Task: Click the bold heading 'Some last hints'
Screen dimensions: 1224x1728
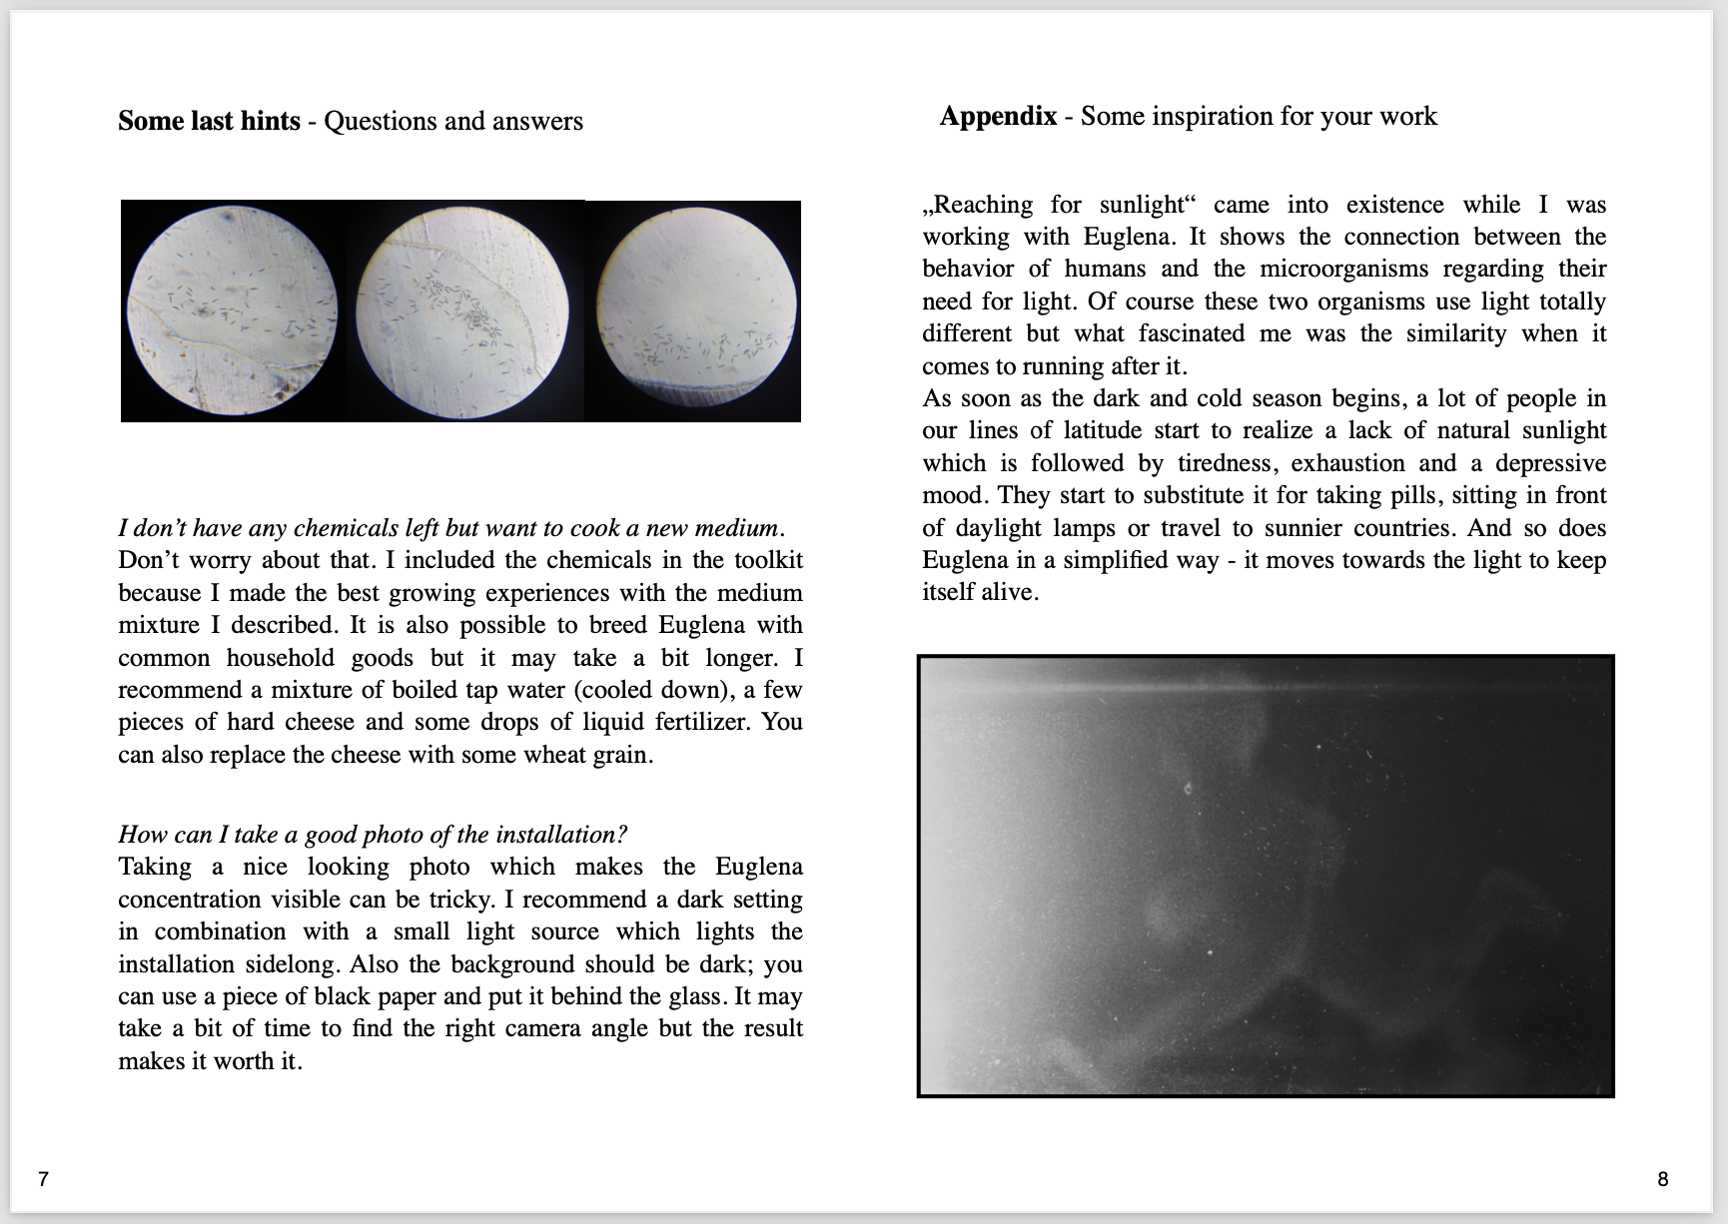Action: pyautogui.click(x=209, y=121)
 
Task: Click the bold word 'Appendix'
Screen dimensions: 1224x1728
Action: pyautogui.click(x=998, y=116)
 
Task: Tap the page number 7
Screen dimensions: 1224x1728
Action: pyautogui.click(x=43, y=1179)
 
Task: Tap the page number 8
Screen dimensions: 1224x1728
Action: pyautogui.click(x=1663, y=1179)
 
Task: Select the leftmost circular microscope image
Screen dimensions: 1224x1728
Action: pyautogui.click(x=233, y=310)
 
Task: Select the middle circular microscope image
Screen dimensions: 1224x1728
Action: pyautogui.click(x=462, y=310)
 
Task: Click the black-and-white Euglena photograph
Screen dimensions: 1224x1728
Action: pyautogui.click(x=1265, y=876)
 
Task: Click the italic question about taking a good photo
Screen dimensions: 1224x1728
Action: pyautogui.click(x=373, y=835)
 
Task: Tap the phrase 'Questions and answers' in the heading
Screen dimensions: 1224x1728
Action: pyautogui.click(x=453, y=121)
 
